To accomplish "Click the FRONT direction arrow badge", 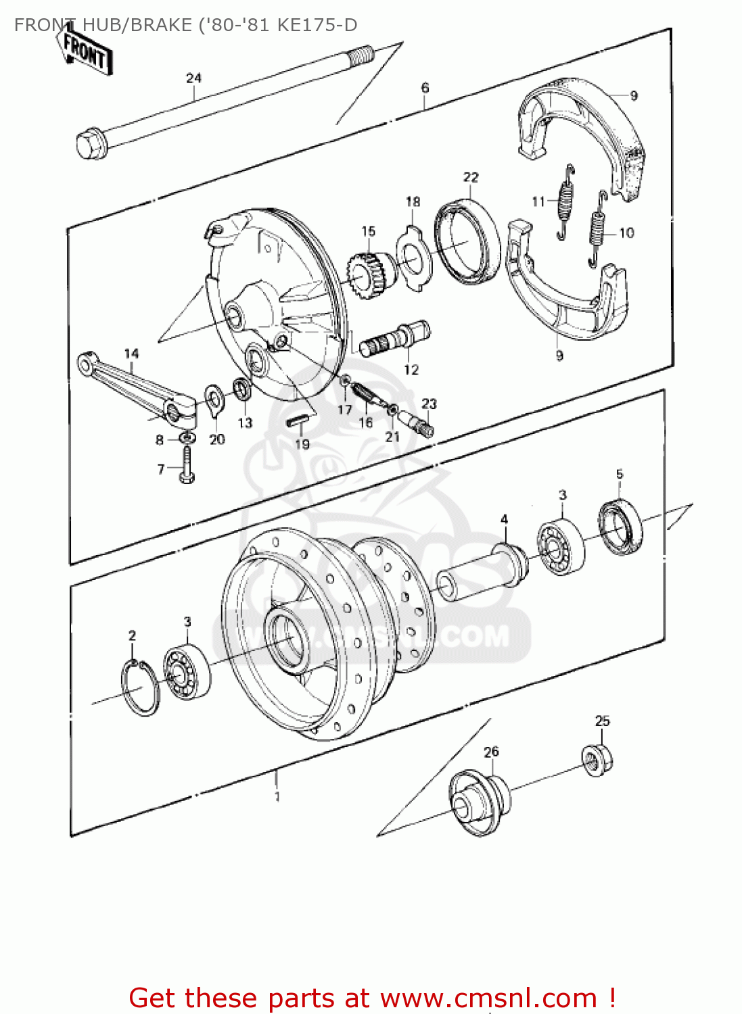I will pos(85,52).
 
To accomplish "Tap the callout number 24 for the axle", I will pos(193,78).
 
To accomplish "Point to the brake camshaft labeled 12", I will pos(395,339).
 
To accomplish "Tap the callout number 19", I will pos(302,444).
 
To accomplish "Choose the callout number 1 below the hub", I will pos(277,796).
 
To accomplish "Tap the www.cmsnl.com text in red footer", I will pos(488,998).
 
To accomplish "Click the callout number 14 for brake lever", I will pos(131,354).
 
